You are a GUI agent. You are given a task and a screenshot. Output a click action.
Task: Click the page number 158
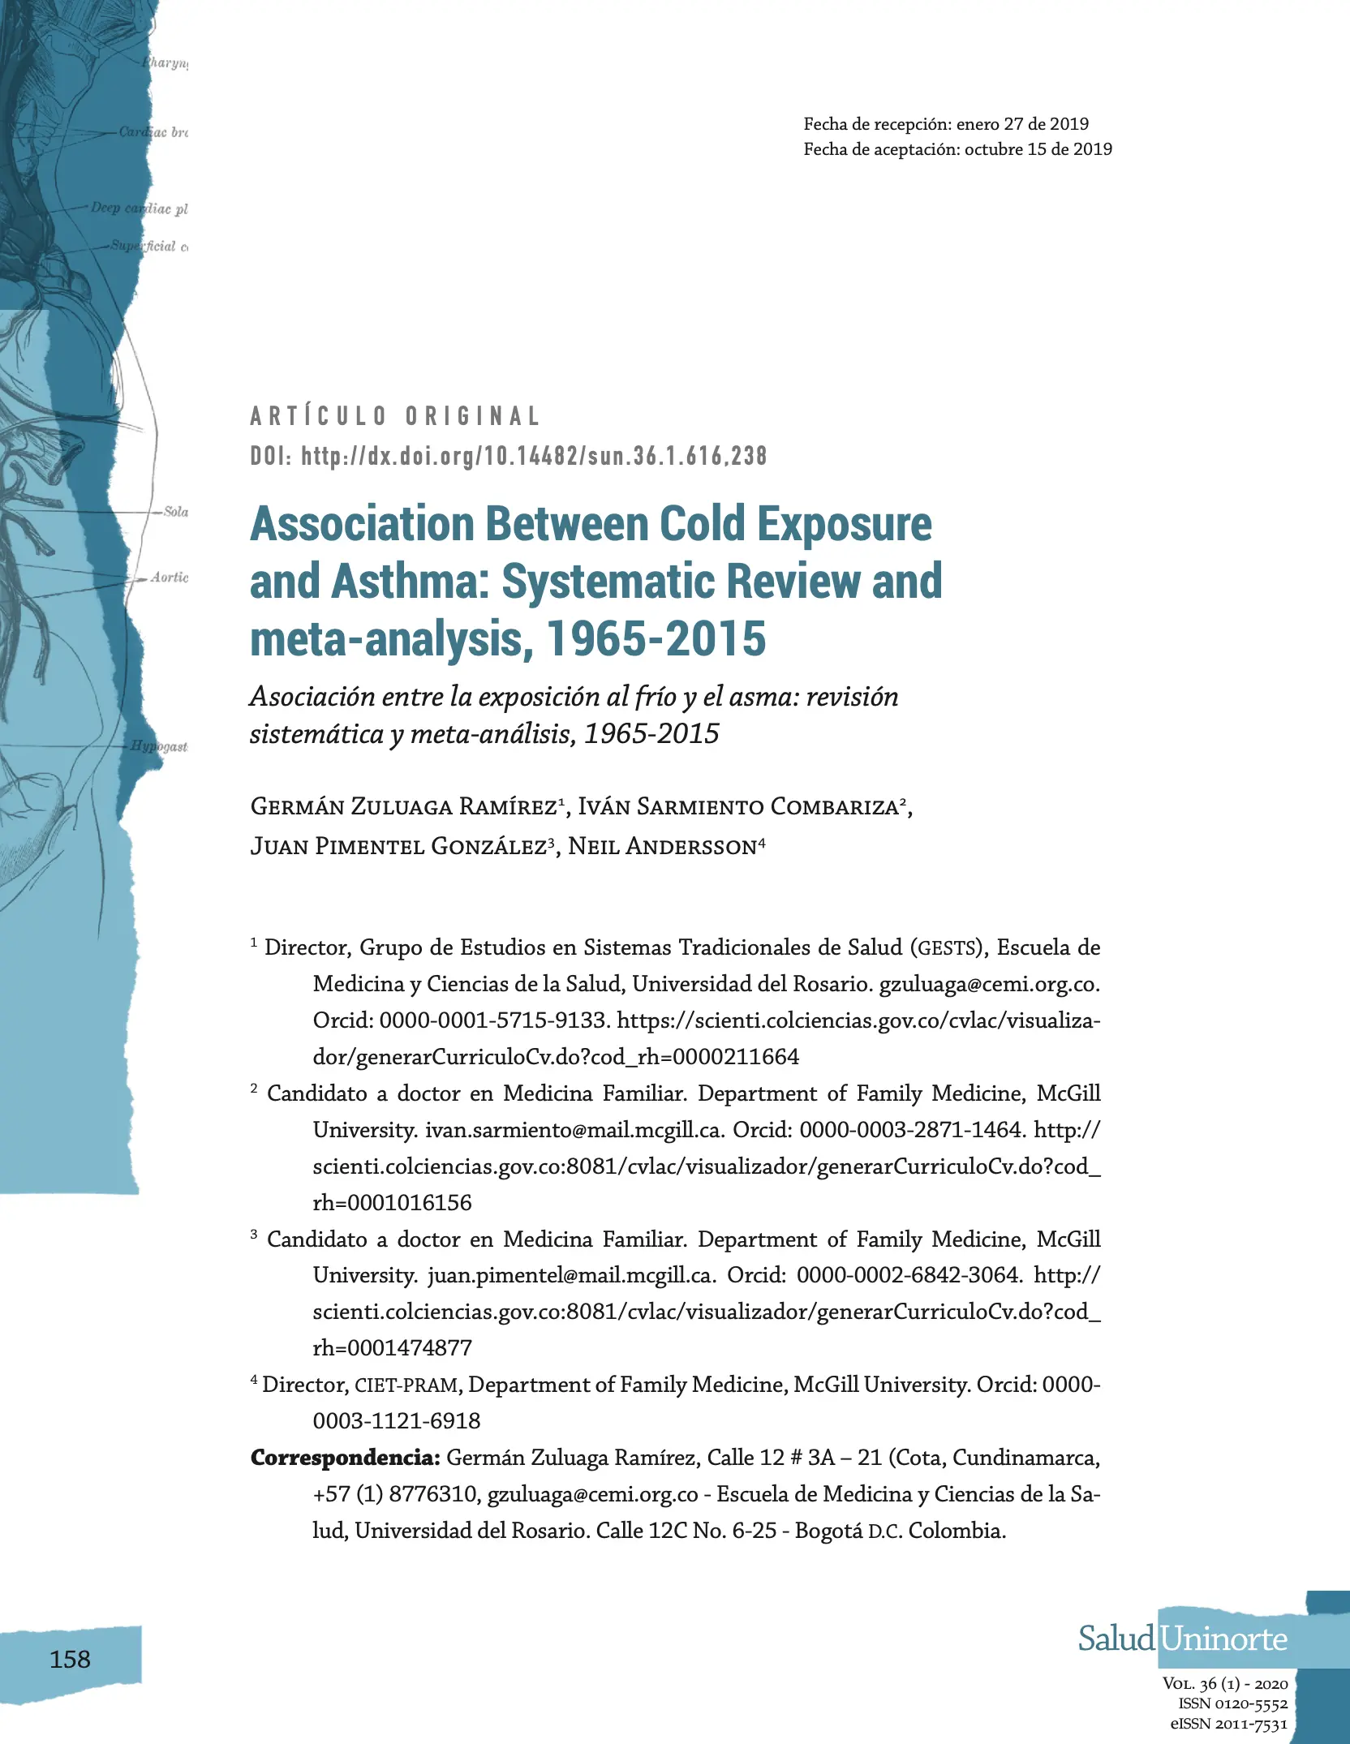[x=70, y=1659]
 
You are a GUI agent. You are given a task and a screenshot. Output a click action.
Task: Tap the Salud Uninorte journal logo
[x=1182, y=1639]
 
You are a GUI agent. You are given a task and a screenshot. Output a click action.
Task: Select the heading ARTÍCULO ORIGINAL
[x=395, y=416]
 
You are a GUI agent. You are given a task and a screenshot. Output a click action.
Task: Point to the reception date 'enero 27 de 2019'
[x=1022, y=124]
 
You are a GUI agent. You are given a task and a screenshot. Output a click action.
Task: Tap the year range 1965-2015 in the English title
[x=656, y=638]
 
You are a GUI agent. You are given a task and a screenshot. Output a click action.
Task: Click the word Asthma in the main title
[x=409, y=581]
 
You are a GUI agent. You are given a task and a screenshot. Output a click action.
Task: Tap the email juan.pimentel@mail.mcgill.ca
[x=570, y=1275]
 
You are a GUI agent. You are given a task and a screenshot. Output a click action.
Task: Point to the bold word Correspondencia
[x=345, y=1458]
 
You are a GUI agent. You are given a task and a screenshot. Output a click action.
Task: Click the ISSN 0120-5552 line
[x=1232, y=1703]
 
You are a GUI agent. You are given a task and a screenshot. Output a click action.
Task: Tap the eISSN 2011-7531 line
[x=1228, y=1724]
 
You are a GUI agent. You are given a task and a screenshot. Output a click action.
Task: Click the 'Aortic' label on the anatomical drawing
[x=169, y=577]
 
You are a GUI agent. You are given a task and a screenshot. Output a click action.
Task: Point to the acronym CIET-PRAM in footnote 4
[x=407, y=1385]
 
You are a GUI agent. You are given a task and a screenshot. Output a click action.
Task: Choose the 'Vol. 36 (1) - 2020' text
[x=1224, y=1683]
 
